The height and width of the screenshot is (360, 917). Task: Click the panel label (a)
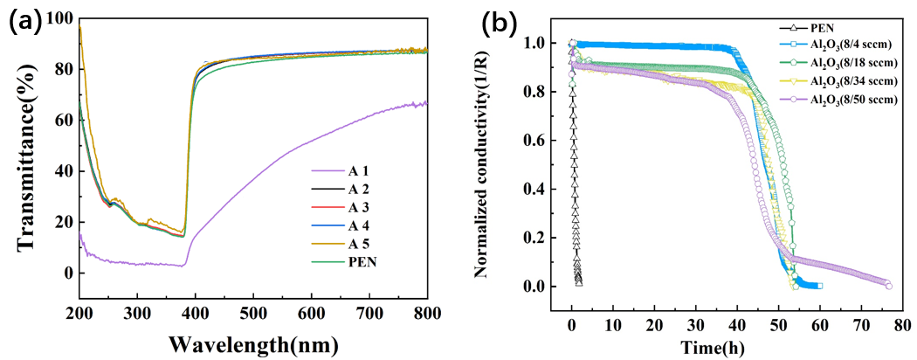(24, 21)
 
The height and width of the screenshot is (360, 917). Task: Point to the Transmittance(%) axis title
(26, 164)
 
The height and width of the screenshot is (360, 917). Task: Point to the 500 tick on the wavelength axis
(253, 314)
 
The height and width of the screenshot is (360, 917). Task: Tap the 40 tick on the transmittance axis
(61, 170)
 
